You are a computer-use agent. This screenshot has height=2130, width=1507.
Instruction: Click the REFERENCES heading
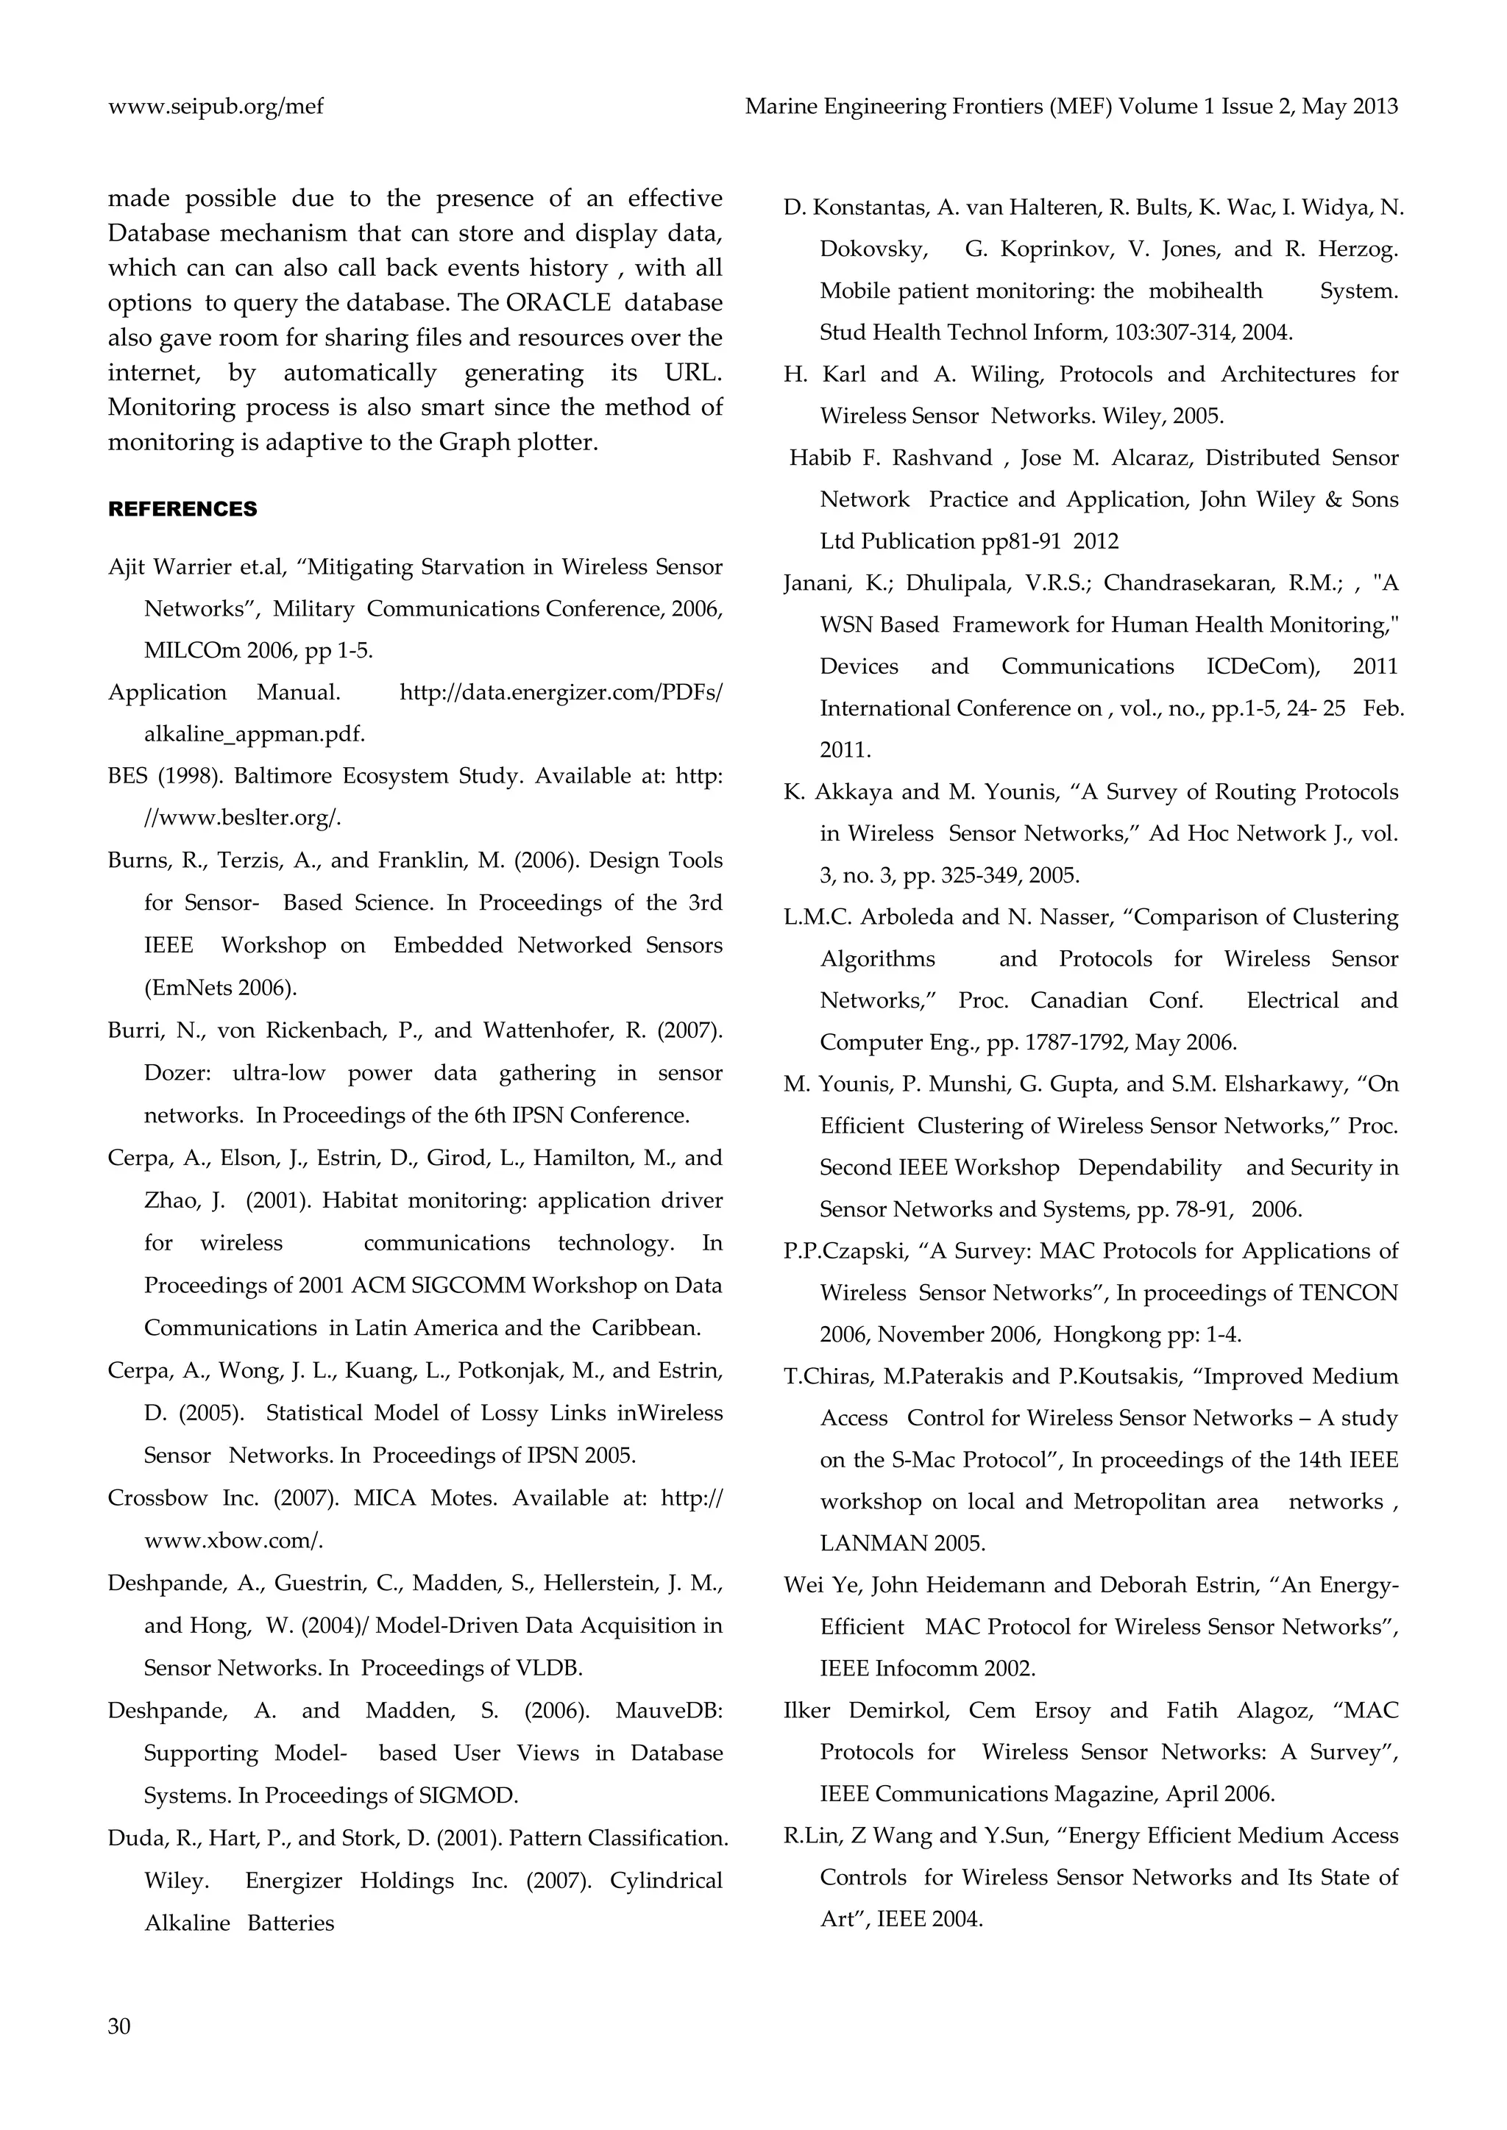(182, 509)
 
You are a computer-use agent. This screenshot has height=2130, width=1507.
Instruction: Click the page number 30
(120, 2026)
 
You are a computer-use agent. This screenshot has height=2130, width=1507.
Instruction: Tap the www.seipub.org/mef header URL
(216, 107)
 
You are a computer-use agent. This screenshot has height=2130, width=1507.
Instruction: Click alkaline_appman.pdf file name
(255, 734)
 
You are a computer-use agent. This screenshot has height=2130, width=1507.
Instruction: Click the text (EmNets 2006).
(221, 987)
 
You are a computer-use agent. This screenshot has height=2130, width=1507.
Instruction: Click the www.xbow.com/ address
(234, 1541)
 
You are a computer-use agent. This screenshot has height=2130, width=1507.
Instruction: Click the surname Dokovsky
(872, 249)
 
